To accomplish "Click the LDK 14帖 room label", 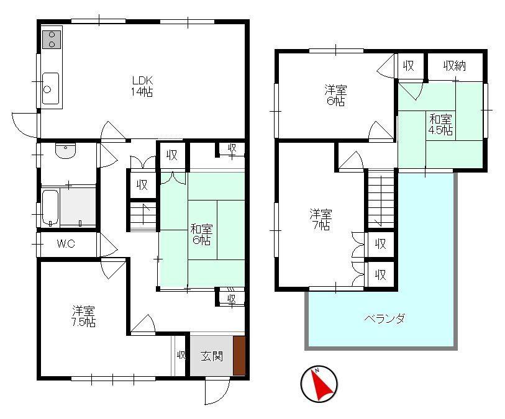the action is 142,86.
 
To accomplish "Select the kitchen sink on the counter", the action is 50,88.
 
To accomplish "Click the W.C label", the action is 66,243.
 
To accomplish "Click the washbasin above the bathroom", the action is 65,151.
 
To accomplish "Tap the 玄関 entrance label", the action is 212,356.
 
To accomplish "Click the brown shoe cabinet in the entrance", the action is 239,356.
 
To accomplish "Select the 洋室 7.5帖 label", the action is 83,317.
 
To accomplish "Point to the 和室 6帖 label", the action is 202,235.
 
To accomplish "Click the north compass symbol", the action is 319,384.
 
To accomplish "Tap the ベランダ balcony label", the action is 384,318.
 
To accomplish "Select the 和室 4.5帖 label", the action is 440,125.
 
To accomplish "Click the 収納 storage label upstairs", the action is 455,66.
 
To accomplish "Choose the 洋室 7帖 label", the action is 321,219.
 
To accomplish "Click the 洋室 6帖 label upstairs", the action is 335,95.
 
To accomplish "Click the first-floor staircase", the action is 143,216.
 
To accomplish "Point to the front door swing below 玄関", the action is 217,392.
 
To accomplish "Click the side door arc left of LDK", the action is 24,125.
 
